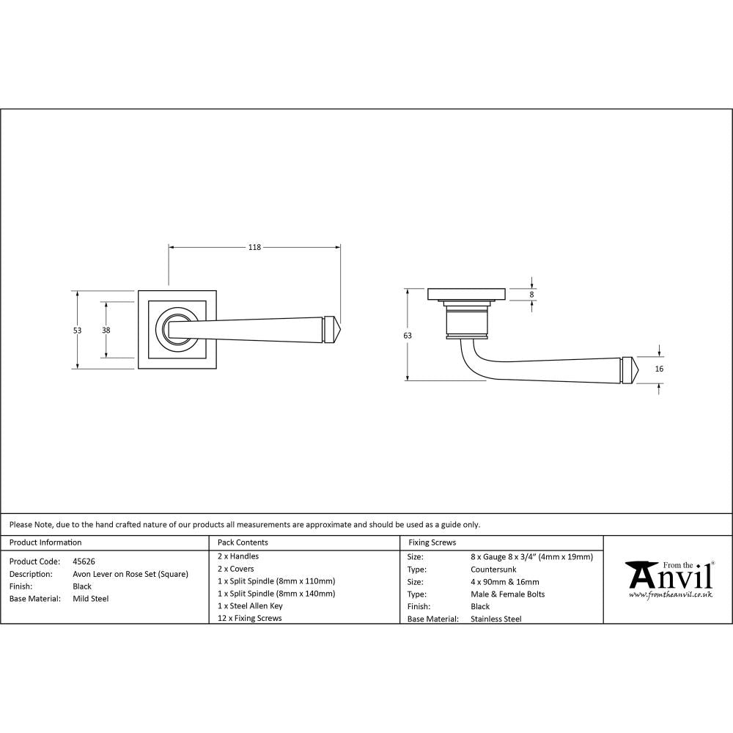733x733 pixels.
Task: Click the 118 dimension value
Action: (x=254, y=248)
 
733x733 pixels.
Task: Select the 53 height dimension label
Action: (x=78, y=331)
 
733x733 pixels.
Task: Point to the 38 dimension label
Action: (x=106, y=331)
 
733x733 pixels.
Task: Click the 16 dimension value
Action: (x=659, y=369)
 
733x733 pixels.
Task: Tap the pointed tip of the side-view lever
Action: (x=637, y=370)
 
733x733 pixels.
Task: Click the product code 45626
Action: (x=84, y=561)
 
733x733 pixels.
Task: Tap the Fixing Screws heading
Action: (x=432, y=542)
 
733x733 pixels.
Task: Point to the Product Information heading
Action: (x=45, y=542)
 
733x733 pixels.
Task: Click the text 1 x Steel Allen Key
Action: (x=250, y=606)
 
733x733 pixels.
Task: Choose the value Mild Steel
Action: (x=91, y=599)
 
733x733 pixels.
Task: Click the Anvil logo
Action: (x=668, y=578)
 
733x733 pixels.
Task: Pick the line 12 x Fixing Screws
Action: (x=250, y=618)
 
